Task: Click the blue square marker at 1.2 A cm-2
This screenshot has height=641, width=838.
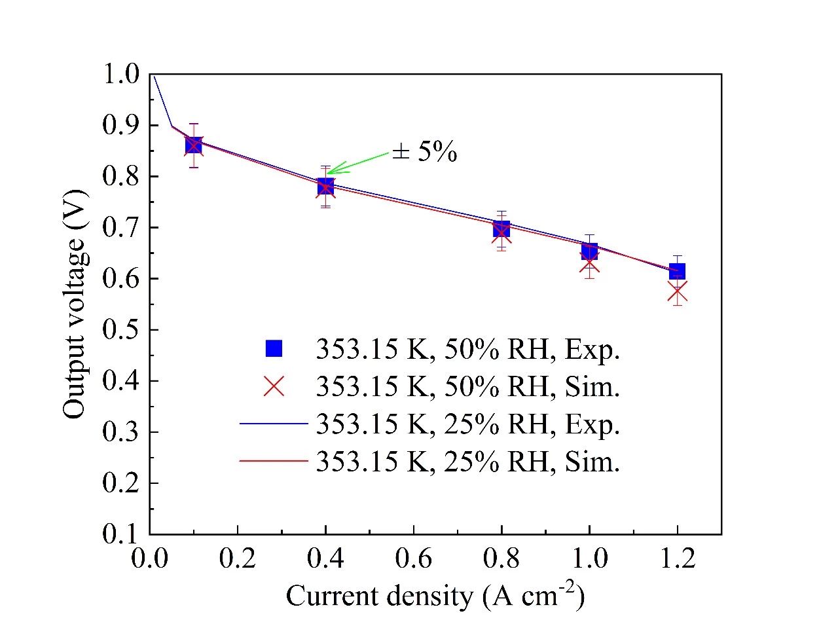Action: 678,271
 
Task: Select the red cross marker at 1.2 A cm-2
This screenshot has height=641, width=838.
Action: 678,293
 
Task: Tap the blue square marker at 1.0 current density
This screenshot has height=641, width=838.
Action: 589,251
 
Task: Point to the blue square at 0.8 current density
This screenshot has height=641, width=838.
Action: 501,229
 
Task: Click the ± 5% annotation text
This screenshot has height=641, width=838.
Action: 424,153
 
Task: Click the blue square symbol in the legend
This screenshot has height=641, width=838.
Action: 274,348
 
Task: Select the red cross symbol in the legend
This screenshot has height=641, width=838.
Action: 274,386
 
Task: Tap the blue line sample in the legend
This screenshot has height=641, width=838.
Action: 274,424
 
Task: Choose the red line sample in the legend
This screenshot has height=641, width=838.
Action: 274,462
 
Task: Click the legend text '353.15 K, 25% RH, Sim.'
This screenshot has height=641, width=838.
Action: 467,462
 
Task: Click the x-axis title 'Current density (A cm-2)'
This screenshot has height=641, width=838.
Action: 435,595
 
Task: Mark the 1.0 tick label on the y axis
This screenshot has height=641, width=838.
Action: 121,74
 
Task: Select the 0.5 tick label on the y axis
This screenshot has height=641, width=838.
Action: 121,329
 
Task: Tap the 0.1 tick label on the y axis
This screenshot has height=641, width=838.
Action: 121,534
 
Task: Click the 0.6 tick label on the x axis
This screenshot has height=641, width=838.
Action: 413,559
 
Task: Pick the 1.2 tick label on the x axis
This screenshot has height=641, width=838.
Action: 678,559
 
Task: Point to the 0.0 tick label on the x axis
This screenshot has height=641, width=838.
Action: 149,559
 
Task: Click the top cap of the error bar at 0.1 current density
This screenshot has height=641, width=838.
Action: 194,123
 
